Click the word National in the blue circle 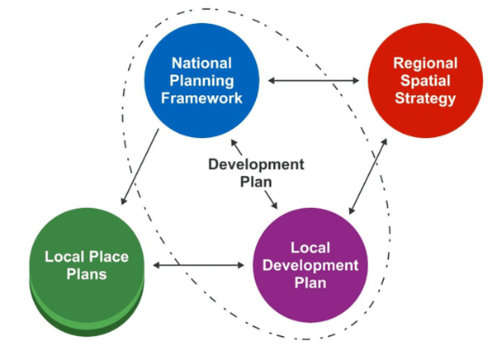click(x=201, y=63)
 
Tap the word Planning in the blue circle click(x=201, y=80)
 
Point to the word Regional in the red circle click(x=425, y=64)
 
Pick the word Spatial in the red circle click(x=425, y=81)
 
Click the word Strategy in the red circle click(x=425, y=99)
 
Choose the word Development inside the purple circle click(x=311, y=265)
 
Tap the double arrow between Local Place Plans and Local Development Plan click(x=199, y=266)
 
